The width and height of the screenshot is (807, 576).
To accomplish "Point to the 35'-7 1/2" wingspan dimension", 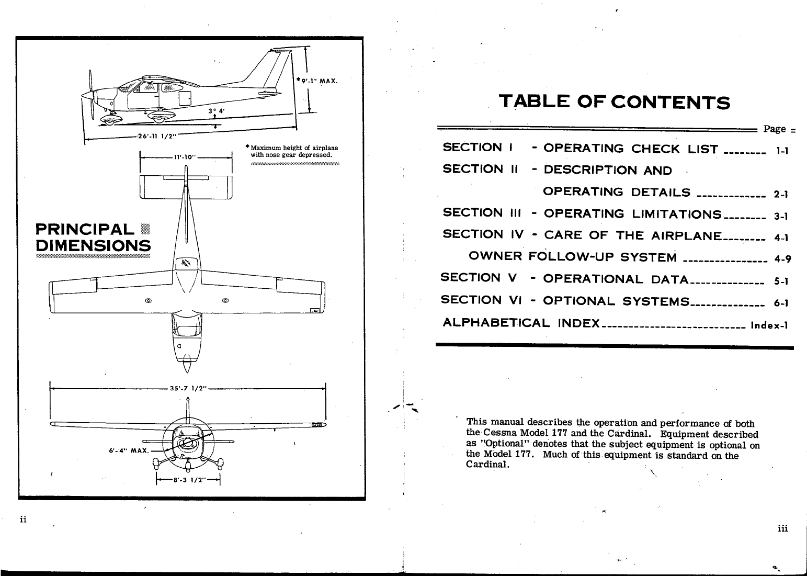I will [x=188, y=388].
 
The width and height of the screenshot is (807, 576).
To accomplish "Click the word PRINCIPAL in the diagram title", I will [x=84, y=229].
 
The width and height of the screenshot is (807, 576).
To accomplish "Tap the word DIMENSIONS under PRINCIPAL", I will [x=93, y=245].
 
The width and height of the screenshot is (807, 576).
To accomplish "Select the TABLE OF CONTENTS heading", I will [x=614, y=101].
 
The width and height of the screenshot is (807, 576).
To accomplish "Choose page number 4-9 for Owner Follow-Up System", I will [x=781, y=259].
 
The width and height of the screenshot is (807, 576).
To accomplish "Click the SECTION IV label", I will [x=483, y=235].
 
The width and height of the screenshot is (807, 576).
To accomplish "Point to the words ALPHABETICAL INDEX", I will [x=521, y=322].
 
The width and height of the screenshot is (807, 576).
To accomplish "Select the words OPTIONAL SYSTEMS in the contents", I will [x=616, y=301].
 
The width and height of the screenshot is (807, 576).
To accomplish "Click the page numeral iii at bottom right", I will [x=782, y=528].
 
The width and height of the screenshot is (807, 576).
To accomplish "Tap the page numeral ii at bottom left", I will [x=23, y=519].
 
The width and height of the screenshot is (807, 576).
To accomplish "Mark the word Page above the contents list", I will [x=775, y=129].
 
